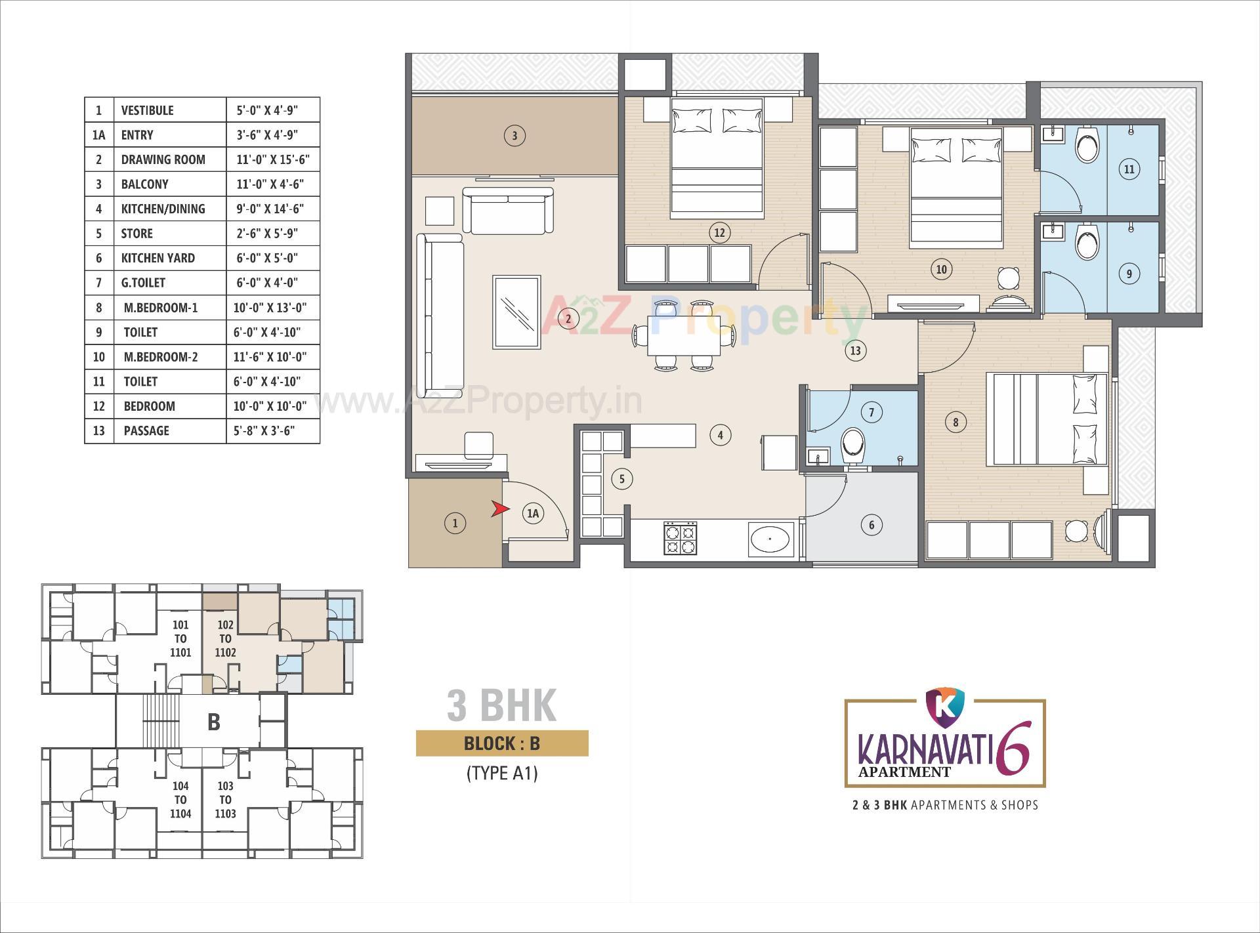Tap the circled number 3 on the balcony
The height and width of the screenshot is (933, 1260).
click(x=514, y=136)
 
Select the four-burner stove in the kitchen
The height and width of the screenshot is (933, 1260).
click(x=680, y=538)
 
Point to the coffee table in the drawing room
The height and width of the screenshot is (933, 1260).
click(x=516, y=312)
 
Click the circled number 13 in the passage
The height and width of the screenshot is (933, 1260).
click(x=855, y=350)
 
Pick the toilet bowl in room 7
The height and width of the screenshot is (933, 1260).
click(x=853, y=446)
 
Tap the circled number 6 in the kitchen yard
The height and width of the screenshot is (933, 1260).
click(x=871, y=524)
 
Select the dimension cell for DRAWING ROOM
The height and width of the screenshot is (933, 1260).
click(x=272, y=159)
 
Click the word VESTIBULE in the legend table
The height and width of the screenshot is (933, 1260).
click(x=148, y=110)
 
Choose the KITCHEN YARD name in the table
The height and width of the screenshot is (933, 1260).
click(x=158, y=258)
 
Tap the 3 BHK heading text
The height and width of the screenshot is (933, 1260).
click(x=501, y=705)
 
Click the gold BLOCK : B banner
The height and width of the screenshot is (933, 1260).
click(x=501, y=743)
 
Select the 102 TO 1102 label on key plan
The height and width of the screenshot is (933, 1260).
click(x=225, y=638)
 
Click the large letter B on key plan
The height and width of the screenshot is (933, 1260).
click(x=213, y=722)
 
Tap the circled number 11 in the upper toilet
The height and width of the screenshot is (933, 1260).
click(x=1129, y=169)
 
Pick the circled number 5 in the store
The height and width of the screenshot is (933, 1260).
click(x=622, y=479)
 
